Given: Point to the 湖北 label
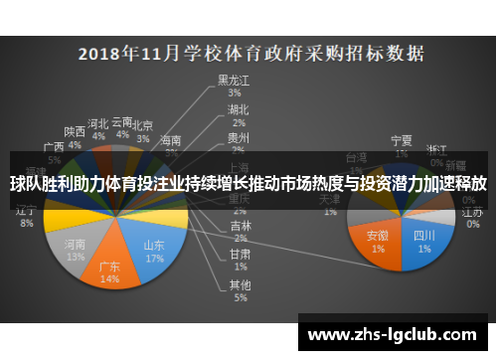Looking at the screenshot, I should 238,108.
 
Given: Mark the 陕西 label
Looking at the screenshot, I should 75,131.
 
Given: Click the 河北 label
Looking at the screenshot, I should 97,123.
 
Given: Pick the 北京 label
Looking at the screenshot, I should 143,126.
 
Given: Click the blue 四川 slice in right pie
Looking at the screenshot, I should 422,240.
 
